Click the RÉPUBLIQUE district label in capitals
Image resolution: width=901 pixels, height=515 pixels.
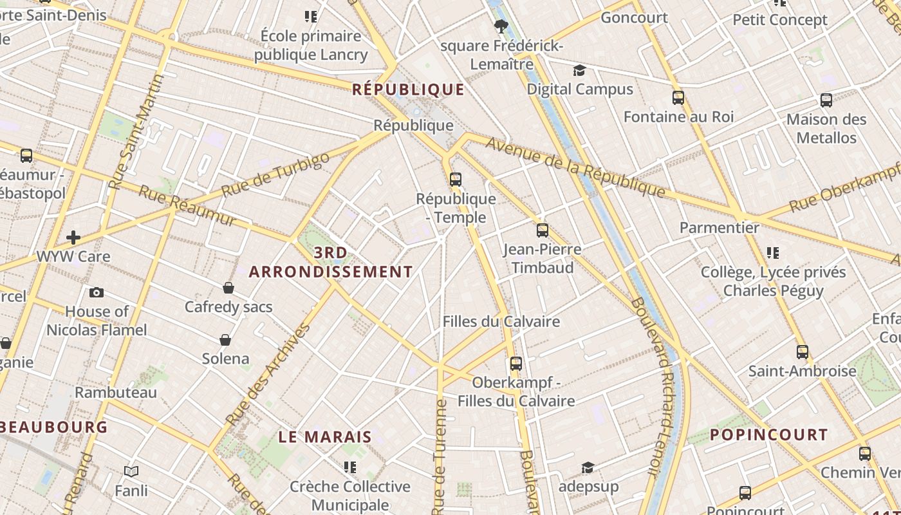tap(409, 89)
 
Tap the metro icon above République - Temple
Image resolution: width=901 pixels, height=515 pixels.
tap(456, 180)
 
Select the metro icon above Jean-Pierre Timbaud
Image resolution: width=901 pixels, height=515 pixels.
tap(543, 230)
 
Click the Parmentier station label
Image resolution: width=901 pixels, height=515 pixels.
tap(720, 228)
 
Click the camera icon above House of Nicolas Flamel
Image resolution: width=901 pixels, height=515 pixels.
tap(97, 293)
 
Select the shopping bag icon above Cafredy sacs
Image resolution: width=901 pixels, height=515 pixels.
tap(228, 288)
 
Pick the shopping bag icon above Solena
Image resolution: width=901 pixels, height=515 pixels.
tap(225, 340)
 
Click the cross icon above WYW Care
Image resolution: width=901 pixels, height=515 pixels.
tap(73, 238)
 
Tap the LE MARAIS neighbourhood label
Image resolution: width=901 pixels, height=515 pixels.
tap(325, 436)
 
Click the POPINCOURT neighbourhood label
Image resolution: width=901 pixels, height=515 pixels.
tap(768, 435)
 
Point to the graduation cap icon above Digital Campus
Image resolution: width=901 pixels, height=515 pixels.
tap(580, 70)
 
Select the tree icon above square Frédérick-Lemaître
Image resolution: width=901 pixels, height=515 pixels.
tap(501, 26)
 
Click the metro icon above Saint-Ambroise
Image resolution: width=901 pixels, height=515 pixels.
tap(802, 352)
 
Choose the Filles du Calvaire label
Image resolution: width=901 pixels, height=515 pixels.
tap(501, 321)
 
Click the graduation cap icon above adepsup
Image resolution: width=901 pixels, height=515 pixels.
tap(588, 467)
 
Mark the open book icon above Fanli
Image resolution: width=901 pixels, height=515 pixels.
tap(131, 472)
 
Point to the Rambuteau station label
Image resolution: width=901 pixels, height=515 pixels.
tap(116, 392)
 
